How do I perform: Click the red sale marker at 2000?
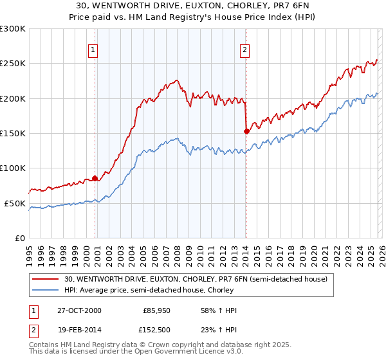coord(95,178)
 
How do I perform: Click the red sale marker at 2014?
coord(246,132)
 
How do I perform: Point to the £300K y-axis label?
coord(13,29)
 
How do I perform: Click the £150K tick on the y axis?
coord(13,134)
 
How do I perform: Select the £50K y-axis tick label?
coord(15,203)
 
